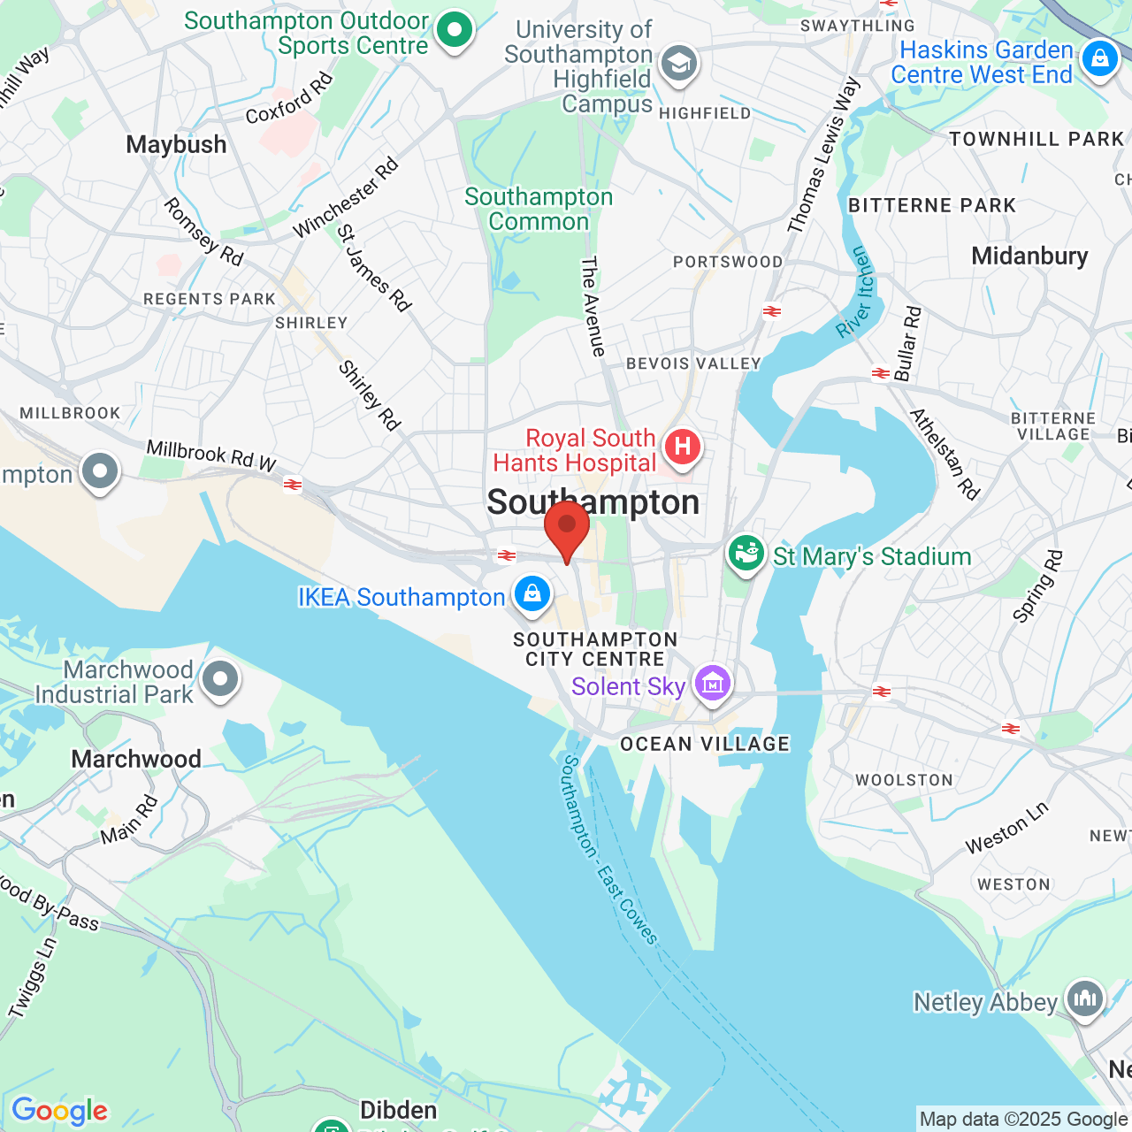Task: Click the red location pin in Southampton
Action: (567, 527)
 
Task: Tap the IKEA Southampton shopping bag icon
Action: (532, 594)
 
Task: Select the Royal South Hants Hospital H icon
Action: (682, 447)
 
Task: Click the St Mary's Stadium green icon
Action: (746, 554)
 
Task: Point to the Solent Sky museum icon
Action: (713, 684)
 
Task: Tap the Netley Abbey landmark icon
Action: (1085, 998)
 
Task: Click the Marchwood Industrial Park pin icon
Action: (219, 680)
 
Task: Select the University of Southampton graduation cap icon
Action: (679, 63)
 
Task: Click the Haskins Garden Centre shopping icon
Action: (1099, 59)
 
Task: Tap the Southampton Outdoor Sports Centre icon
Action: (455, 30)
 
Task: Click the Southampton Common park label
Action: (539, 210)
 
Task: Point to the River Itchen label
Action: (856, 293)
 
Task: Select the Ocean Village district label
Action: (705, 745)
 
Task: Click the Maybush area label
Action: (176, 145)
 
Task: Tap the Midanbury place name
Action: (1029, 256)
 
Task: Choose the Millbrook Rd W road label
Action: (211, 455)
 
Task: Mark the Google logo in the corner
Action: (60, 1111)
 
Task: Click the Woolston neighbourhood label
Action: (904, 780)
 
